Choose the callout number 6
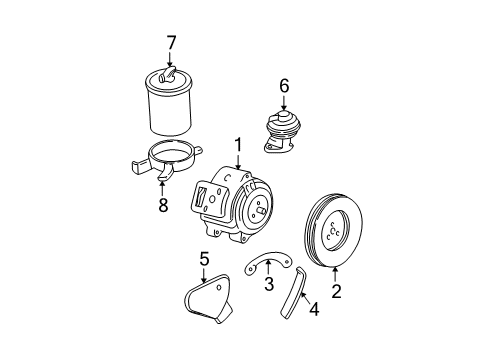click(284, 88)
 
